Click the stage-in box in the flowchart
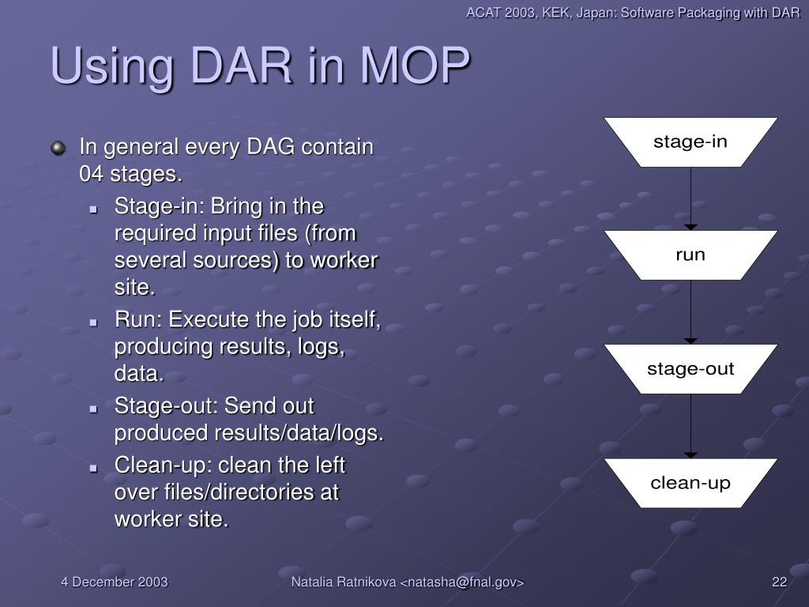(690, 142)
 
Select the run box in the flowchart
(690, 255)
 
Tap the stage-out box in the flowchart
(690, 369)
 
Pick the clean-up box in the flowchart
(690, 483)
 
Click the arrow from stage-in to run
(690, 198)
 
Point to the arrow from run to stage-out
(690, 311)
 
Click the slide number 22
(780, 582)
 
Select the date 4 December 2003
(115, 582)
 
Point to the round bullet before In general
(58, 148)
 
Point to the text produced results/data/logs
(249, 434)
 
